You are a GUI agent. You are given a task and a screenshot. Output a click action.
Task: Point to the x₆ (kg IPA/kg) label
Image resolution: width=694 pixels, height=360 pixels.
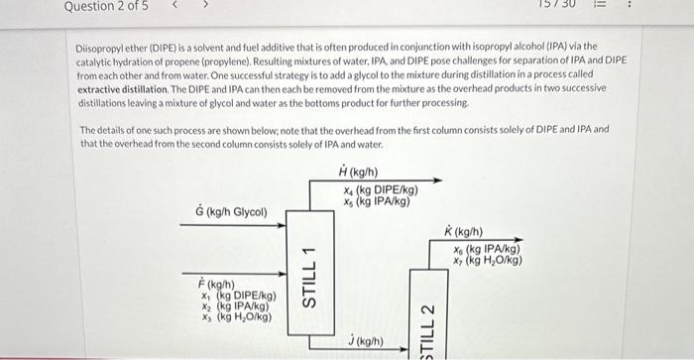coord(487,249)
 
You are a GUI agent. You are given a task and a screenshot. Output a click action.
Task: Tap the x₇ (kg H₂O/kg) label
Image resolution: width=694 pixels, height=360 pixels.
coord(488,261)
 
